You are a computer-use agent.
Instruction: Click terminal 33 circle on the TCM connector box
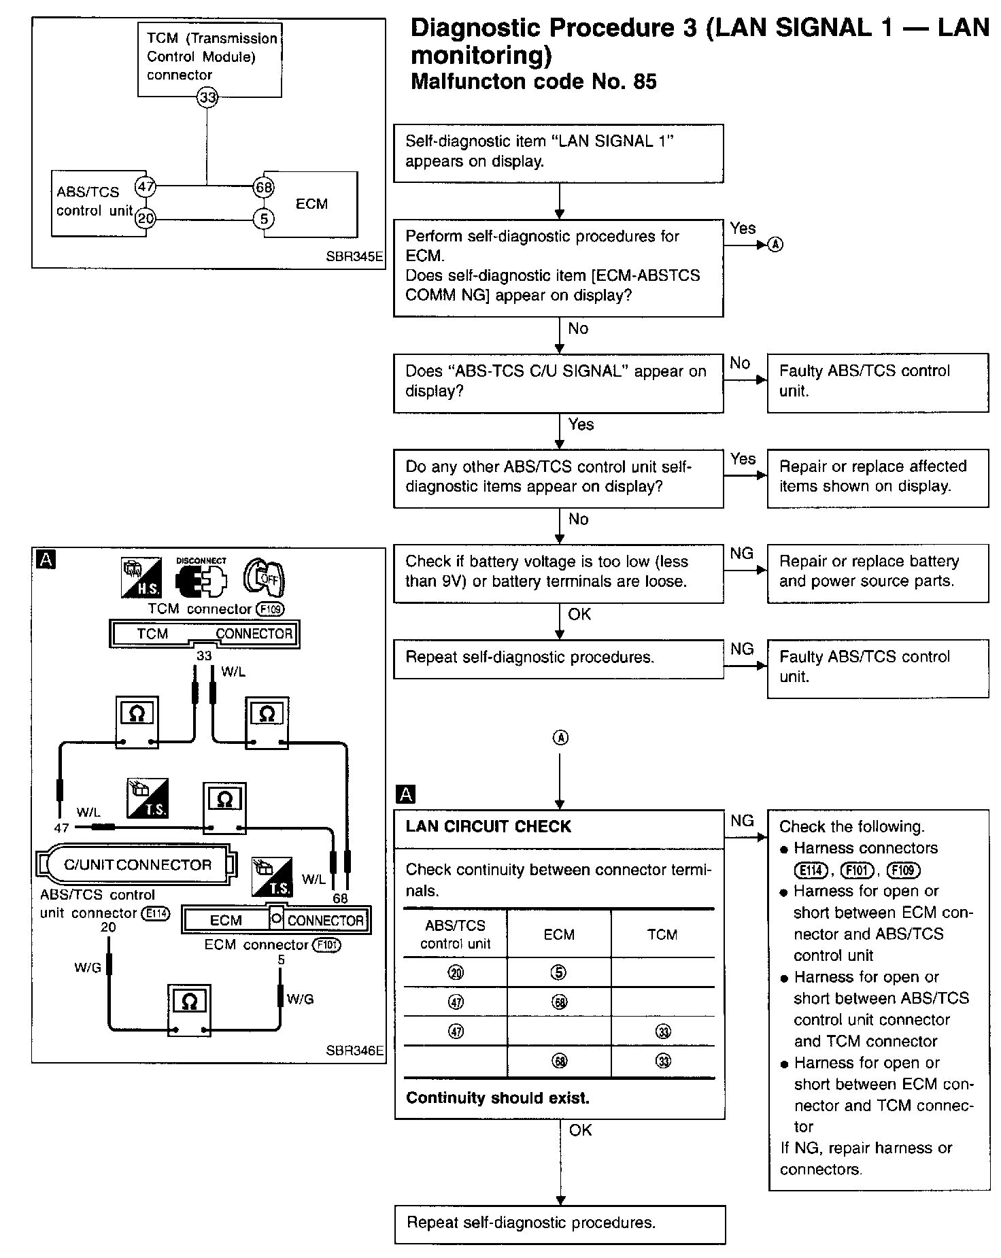pyautogui.click(x=207, y=98)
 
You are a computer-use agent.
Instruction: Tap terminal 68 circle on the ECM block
pyautogui.click(x=263, y=186)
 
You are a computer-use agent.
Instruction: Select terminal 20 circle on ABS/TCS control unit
pyautogui.click(x=146, y=218)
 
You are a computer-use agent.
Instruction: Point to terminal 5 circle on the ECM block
pyautogui.click(x=263, y=218)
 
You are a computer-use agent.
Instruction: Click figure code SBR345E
pyautogui.click(x=354, y=257)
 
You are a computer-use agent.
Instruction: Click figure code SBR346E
pyautogui.click(x=354, y=1051)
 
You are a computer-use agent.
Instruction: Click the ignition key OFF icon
pyautogui.click(x=265, y=578)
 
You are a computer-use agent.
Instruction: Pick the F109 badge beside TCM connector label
pyautogui.click(x=270, y=609)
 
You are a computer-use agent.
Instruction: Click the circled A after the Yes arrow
pyautogui.click(x=775, y=245)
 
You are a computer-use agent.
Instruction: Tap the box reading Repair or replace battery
pyautogui.click(x=877, y=573)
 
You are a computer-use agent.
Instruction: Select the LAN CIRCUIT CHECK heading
pyautogui.click(x=488, y=827)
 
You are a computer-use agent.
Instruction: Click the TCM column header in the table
pyautogui.click(x=662, y=934)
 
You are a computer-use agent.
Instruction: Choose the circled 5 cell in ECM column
pyautogui.click(x=558, y=972)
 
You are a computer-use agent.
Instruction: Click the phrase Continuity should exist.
pyautogui.click(x=498, y=1098)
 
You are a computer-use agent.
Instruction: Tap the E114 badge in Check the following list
pyautogui.click(x=809, y=870)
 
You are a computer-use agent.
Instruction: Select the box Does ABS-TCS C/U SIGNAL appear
pyautogui.click(x=558, y=382)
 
